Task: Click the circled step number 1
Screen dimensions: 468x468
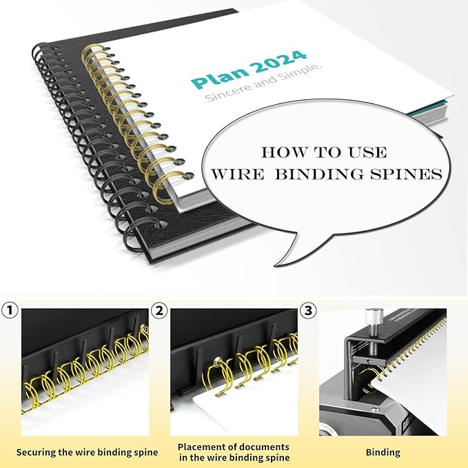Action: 10,311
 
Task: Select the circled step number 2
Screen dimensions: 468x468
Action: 160,311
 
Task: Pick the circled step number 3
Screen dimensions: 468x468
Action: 309,311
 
